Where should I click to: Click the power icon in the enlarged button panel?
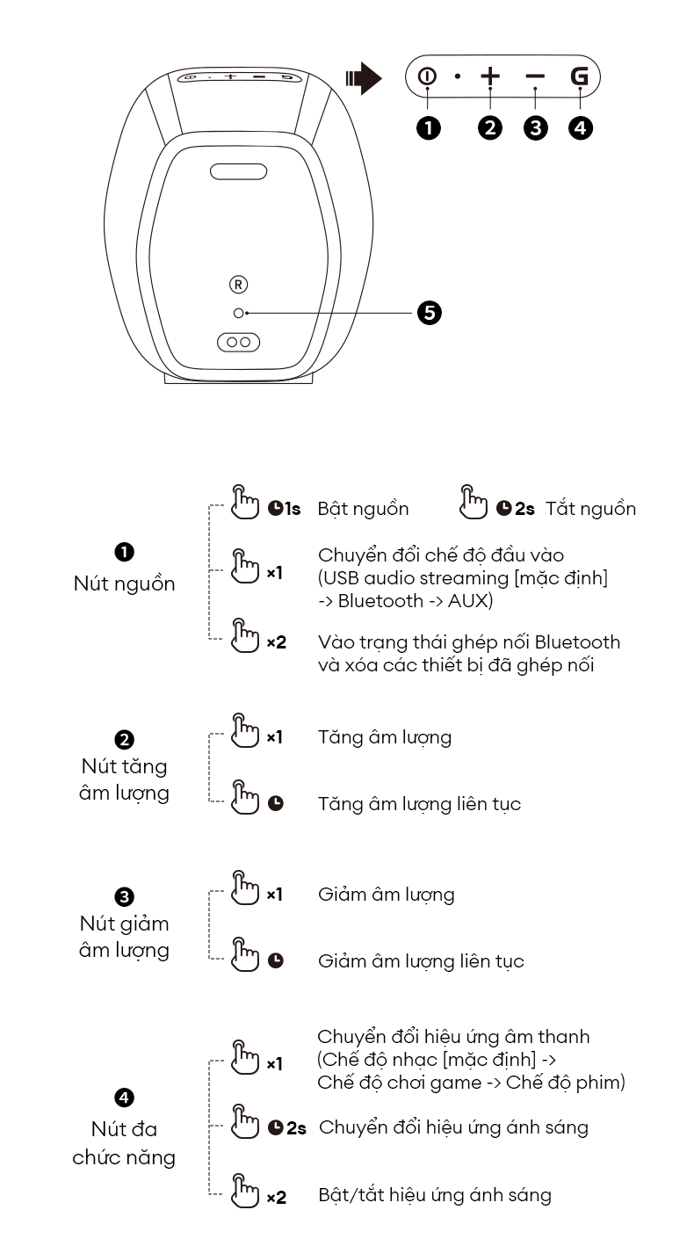click(427, 76)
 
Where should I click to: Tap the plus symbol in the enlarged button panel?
click(490, 76)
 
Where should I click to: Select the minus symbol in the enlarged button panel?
click(535, 76)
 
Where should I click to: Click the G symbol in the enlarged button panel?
click(580, 76)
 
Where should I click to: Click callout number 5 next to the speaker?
click(430, 312)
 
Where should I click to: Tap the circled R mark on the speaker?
click(239, 284)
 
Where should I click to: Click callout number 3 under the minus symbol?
click(535, 127)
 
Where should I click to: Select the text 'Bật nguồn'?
click(363, 509)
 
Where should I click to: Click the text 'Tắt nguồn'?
click(590, 509)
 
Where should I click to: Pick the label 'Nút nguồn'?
click(124, 583)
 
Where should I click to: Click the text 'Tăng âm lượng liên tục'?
click(419, 804)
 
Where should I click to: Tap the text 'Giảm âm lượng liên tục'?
click(421, 961)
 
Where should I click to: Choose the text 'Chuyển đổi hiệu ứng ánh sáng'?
click(453, 1127)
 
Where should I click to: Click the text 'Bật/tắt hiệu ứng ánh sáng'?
click(435, 1196)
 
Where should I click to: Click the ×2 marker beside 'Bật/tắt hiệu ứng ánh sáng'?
click(276, 1197)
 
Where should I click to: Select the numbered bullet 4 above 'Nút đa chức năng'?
click(124, 1098)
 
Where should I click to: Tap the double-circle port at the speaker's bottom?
click(238, 342)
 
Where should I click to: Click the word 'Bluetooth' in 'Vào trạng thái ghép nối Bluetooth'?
click(577, 642)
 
